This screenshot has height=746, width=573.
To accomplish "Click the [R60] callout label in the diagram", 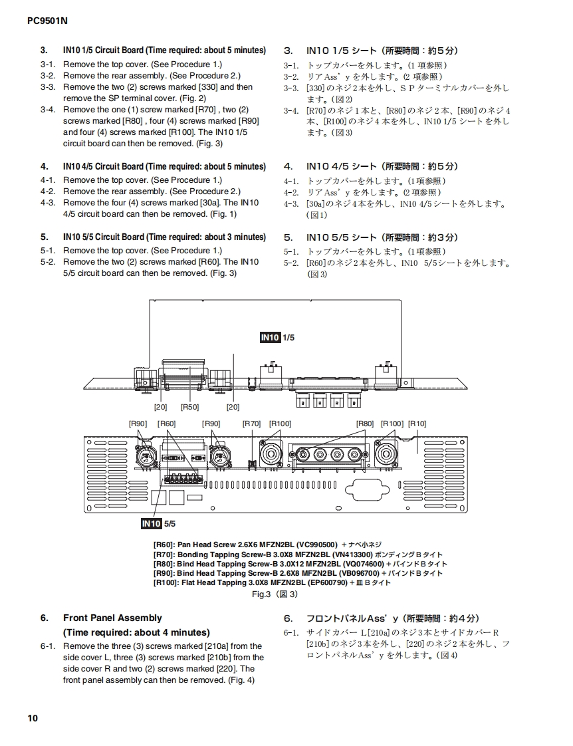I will pos(166,424).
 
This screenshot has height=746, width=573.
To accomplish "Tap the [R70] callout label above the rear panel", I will pos(251,424).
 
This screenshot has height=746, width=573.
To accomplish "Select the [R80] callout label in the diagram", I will pos(365,424).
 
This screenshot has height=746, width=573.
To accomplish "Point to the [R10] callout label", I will pos(417,424).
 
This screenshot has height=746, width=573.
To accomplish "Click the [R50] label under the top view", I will pos(190,407).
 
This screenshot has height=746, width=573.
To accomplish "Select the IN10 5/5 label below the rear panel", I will pos(158,524).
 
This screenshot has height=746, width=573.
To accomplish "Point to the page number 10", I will pos(33,718).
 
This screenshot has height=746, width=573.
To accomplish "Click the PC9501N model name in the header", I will pos(47,21).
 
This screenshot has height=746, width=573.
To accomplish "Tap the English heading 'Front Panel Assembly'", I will pos(112,618).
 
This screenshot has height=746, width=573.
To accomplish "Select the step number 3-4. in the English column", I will pos(47,110).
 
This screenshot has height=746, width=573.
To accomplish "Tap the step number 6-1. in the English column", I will pos(47,646).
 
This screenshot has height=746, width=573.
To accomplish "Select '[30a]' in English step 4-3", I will pos(209,203).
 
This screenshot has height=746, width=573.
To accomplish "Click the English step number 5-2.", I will pos(47,262).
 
